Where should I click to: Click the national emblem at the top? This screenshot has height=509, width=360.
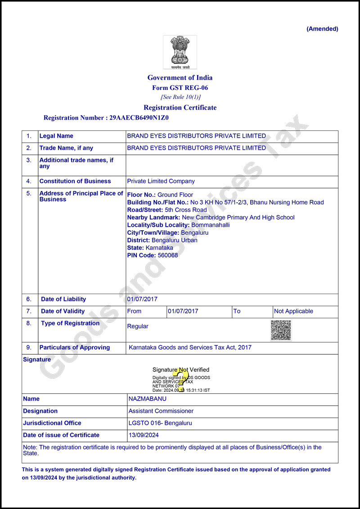(x=180, y=52)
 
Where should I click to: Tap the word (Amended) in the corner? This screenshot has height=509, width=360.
(x=322, y=29)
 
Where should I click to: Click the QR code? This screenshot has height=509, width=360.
(x=281, y=330)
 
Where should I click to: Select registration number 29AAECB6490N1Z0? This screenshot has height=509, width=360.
(x=138, y=118)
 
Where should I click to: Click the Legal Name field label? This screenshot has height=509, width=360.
(x=56, y=136)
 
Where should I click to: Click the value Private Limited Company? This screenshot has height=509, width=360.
(x=161, y=181)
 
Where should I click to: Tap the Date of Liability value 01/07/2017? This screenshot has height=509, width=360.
(x=142, y=299)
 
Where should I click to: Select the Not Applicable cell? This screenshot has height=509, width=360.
(x=293, y=311)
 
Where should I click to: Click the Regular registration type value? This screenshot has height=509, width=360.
(x=138, y=326)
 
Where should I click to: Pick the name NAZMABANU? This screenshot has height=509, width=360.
(x=147, y=399)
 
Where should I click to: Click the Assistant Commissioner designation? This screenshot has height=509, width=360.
(x=161, y=411)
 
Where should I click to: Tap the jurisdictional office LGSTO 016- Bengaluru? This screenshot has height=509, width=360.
(x=160, y=423)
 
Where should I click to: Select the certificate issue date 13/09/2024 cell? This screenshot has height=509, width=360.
(x=144, y=435)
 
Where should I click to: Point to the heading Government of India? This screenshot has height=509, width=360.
(x=180, y=77)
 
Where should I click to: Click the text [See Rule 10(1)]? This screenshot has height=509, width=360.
(x=180, y=97)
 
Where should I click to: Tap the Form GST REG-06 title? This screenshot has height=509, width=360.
(x=180, y=88)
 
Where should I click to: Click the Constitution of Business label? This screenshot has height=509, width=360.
(x=75, y=181)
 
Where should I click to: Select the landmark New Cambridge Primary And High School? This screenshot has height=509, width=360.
(x=238, y=218)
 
